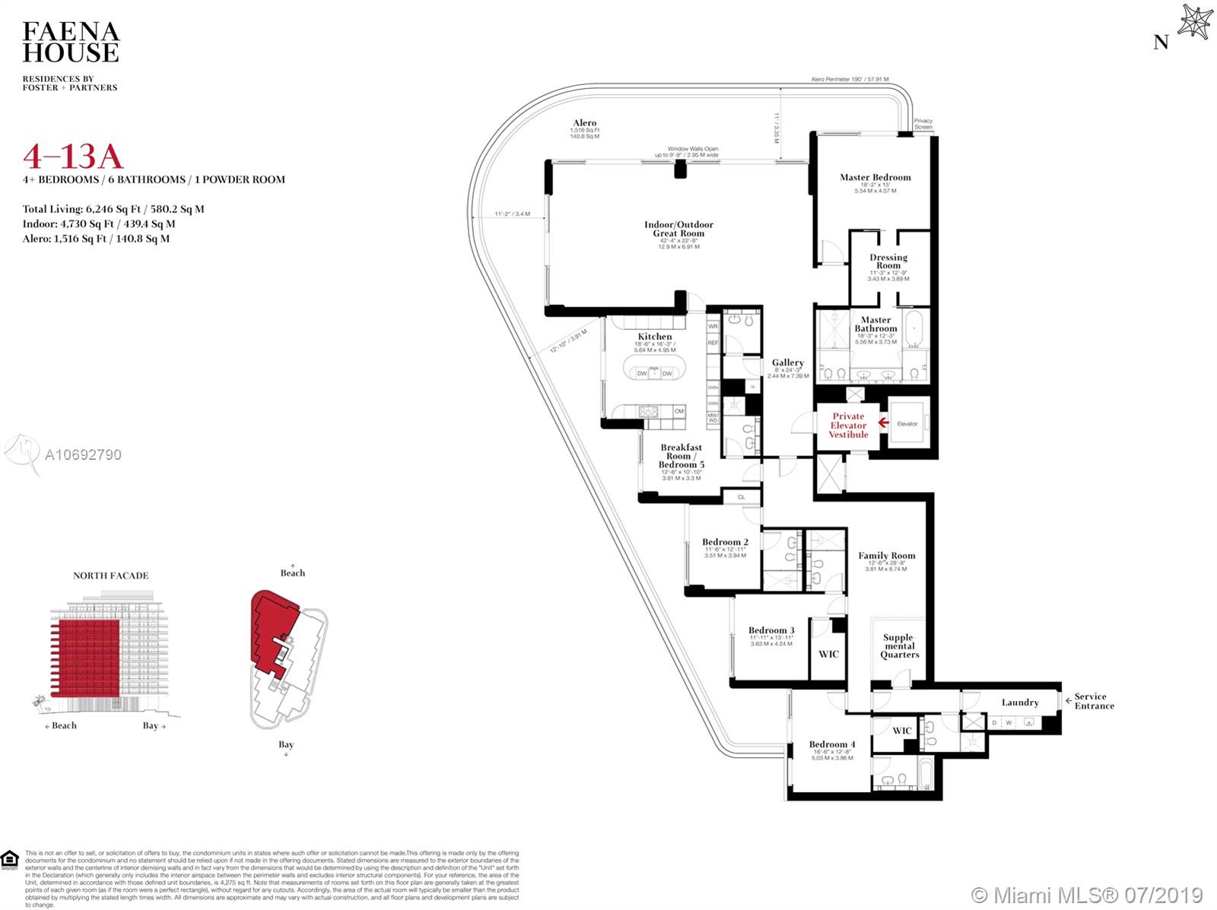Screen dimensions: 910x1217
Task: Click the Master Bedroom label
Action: tap(875, 177)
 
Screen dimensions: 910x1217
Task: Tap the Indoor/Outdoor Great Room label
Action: tap(678, 229)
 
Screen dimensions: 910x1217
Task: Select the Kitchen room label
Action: tap(654, 336)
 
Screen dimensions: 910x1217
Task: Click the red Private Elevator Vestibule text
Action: tap(848, 425)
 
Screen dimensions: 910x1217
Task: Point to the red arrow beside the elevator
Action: tap(883, 423)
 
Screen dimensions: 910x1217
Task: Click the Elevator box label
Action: tap(907, 423)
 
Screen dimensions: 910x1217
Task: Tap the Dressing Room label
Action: tap(888, 262)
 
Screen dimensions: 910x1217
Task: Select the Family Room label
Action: tap(887, 556)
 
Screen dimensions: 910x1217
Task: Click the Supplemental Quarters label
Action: tap(899, 646)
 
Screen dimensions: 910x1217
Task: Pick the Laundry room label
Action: tap(1019, 702)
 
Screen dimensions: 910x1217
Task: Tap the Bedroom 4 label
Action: tap(831, 744)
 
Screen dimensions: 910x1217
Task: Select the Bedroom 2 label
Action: tap(725, 542)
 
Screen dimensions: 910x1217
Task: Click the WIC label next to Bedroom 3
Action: tap(828, 654)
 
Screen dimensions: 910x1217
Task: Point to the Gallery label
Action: tap(787, 363)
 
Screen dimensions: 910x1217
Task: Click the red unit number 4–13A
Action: tap(73, 156)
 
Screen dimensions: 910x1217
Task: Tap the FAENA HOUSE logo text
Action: tap(71, 42)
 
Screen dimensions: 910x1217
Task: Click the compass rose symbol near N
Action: tap(1193, 22)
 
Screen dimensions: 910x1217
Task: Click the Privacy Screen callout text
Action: tap(923, 124)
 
